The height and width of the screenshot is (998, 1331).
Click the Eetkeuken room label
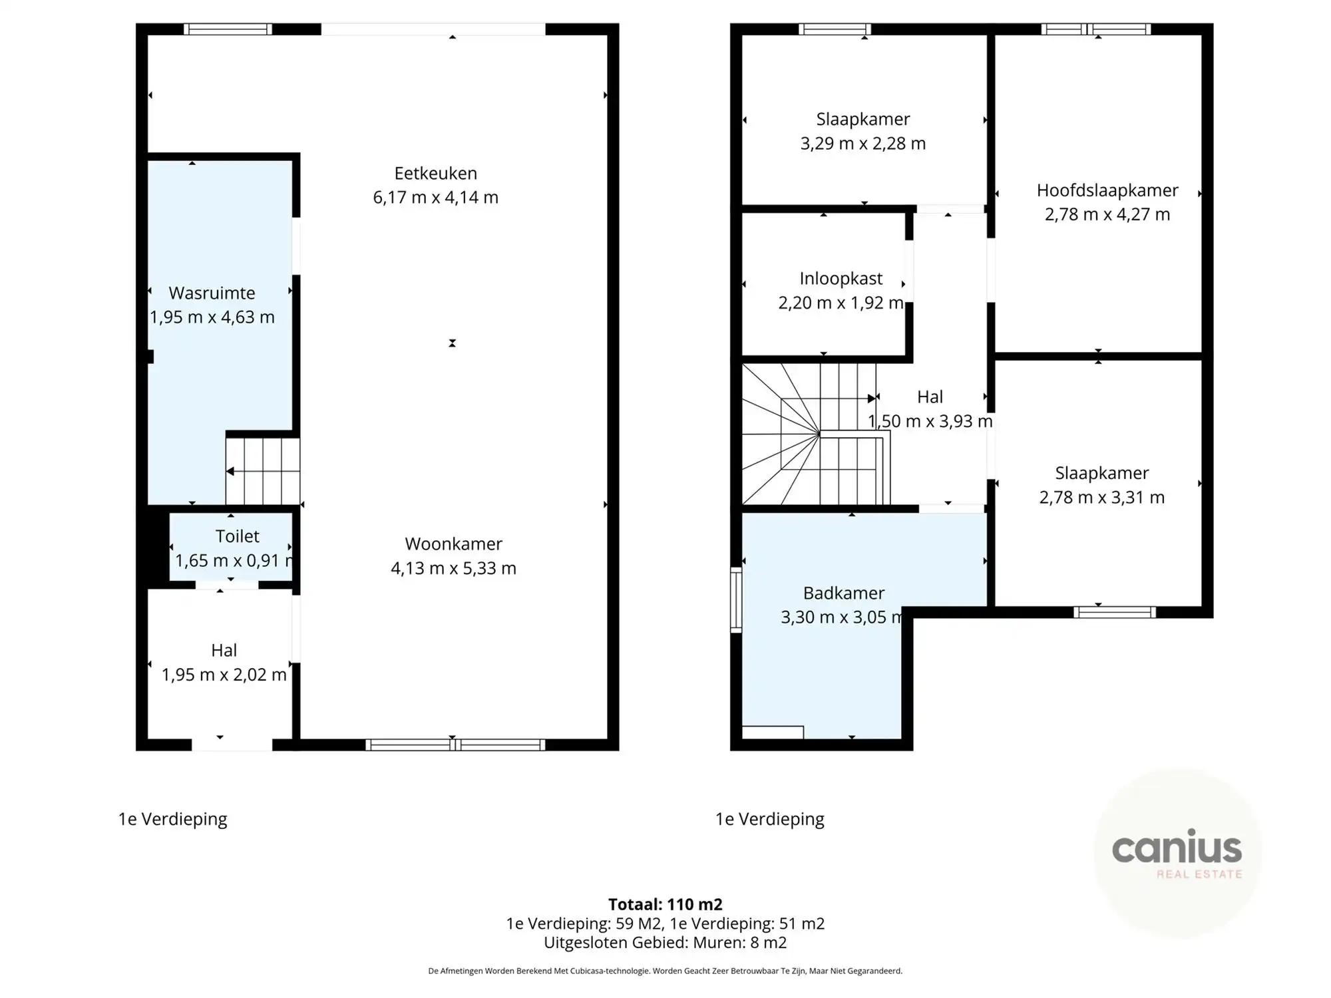click(x=435, y=174)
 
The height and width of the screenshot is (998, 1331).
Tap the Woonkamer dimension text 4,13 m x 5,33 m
click(x=453, y=568)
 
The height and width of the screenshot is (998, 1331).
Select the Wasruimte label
click(x=212, y=293)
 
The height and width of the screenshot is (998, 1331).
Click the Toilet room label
click(x=237, y=536)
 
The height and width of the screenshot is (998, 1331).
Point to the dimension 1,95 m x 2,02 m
click(x=224, y=675)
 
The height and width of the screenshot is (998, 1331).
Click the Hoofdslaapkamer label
click(x=1107, y=190)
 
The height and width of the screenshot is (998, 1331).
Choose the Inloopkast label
click(x=841, y=279)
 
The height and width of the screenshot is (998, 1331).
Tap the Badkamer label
click(x=843, y=593)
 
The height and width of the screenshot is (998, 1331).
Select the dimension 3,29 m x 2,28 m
click(x=862, y=144)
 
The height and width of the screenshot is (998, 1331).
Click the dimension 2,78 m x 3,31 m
click(x=1101, y=498)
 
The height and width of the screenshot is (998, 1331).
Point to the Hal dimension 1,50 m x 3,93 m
click(x=930, y=421)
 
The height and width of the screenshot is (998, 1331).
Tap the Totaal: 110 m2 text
click(x=665, y=904)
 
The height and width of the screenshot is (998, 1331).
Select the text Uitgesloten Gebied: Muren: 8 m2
click(x=665, y=942)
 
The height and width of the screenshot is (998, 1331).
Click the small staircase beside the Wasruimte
click(x=263, y=471)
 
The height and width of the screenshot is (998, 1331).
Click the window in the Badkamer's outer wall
click(x=736, y=599)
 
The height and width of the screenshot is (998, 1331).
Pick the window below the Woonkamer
click(x=455, y=745)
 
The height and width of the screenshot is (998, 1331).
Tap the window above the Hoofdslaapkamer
click(x=1096, y=29)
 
